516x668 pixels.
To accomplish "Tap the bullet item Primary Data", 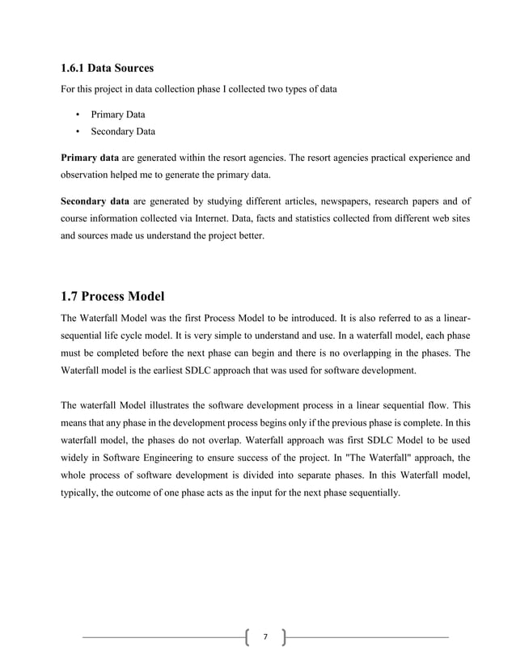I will tap(117, 114).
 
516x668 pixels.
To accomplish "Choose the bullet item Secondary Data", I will tap(122, 131).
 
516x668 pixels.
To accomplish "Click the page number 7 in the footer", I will tap(264, 638).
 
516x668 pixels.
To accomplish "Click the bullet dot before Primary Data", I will tap(78, 114).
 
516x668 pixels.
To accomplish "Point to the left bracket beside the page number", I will tap(246, 638).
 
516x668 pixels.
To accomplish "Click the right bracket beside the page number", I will tap(283, 638).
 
